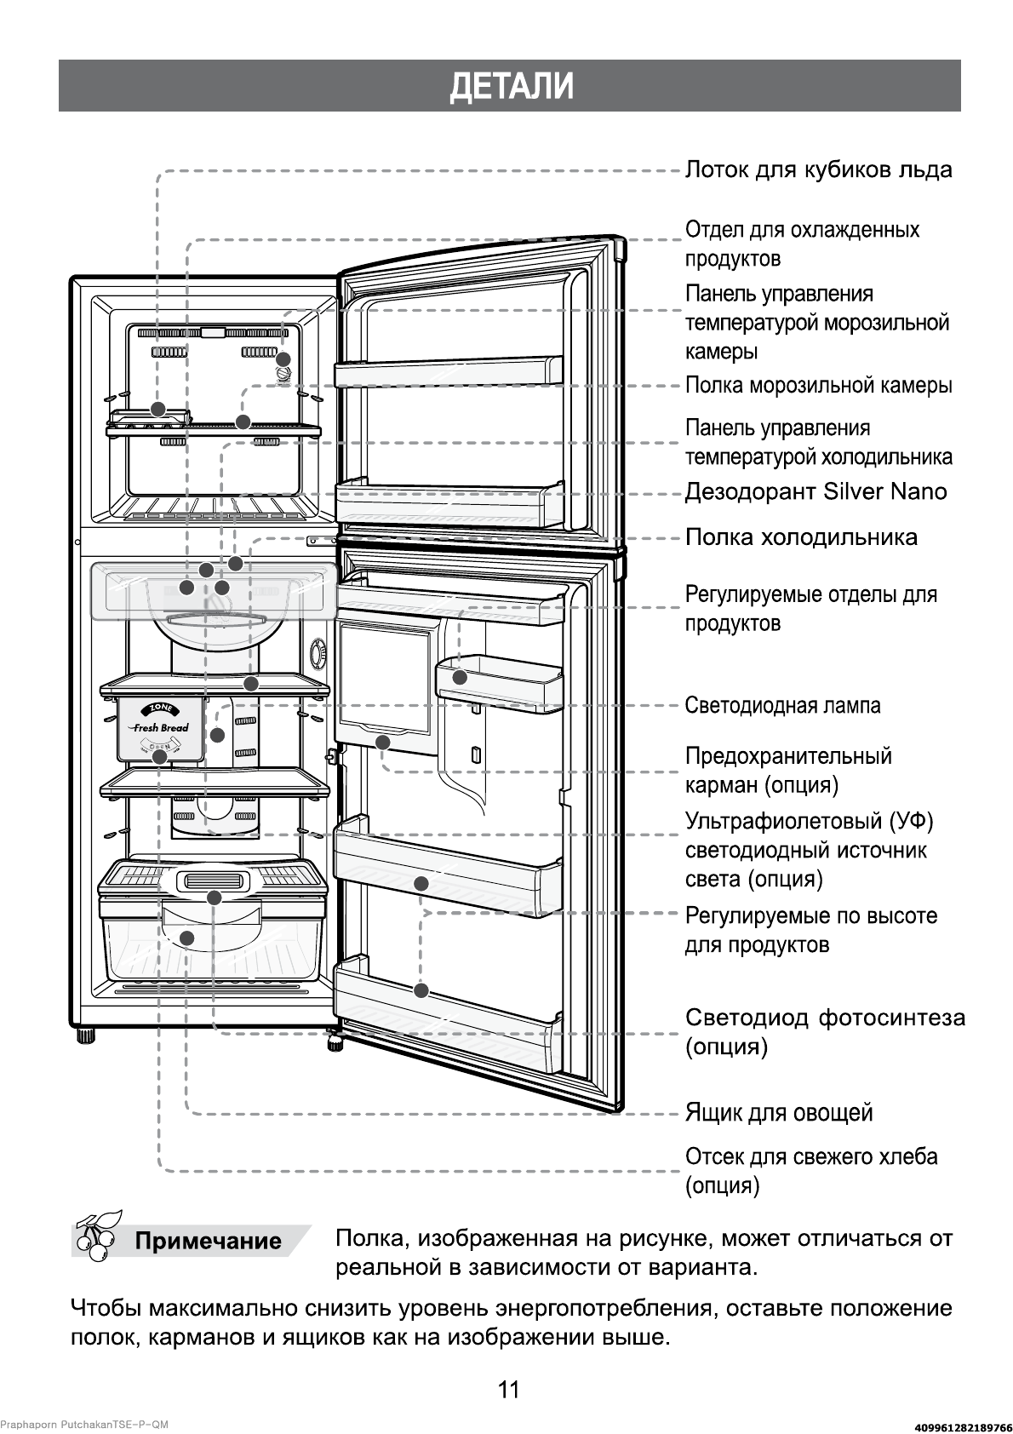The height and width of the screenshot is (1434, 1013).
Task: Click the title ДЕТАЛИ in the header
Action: pyautogui.click(x=510, y=86)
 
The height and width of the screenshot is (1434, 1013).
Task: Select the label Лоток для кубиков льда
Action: pyautogui.click(x=818, y=170)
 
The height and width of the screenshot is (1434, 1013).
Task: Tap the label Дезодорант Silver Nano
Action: pyautogui.click(x=816, y=492)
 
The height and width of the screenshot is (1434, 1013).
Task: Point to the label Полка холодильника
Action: pyautogui.click(x=801, y=537)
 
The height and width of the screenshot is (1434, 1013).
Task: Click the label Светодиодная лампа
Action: pyautogui.click(x=782, y=705)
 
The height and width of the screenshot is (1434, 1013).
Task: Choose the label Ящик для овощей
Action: pyautogui.click(x=779, y=1113)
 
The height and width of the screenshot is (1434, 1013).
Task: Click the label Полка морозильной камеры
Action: pyautogui.click(x=818, y=386)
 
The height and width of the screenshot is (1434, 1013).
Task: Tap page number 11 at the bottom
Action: pyautogui.click(x=507, y=1391)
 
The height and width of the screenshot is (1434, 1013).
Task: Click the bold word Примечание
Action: pyautogui.click(x=208, y=1241)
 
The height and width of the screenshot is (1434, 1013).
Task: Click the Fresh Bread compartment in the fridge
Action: pyautogui.click(x=161, y=729)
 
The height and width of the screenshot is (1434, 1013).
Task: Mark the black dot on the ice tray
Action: pyautogui.click(x=157, y=408)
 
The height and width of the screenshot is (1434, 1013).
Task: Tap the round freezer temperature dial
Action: pyautogui.click(x=283, y=375)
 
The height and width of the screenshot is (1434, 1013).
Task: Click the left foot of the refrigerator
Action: pyautogui.click(x=85, y=1036)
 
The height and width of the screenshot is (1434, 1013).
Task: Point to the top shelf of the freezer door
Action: pyautogui.click(x=449, y=373)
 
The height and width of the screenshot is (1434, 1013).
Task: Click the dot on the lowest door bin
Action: pyautogui.click(x=421, y=990)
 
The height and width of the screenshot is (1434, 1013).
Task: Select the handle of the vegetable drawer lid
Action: pyautogui.click(x=214, y=882)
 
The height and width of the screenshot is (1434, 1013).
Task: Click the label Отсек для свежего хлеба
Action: pyautogui.click(x=810, y=1171)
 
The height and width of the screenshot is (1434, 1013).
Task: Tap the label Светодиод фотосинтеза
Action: pyautogui.click(x=824, y=1032)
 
